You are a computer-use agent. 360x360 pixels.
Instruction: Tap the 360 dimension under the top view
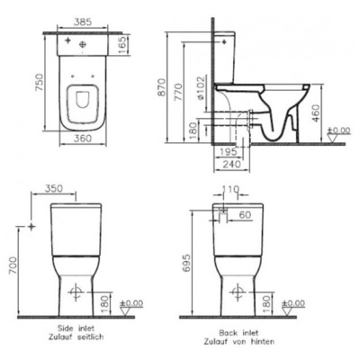(83, 139)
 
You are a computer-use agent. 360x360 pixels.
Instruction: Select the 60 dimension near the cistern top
(246, 214)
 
